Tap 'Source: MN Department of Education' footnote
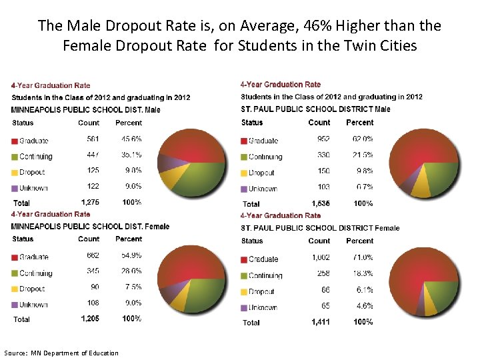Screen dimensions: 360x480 (61, 353)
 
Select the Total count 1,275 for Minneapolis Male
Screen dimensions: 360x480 (90, 202)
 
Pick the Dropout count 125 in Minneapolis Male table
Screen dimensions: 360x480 (93, 171)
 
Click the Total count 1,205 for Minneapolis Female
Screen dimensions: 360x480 (90, 319)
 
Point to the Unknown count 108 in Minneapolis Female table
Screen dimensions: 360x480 (93, 303)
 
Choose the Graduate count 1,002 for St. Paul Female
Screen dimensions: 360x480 (318, 257)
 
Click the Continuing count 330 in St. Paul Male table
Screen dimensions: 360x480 (323, 155)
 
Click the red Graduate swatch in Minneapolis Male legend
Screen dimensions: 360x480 (14, 141)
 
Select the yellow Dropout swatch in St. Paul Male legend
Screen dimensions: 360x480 (243, 173)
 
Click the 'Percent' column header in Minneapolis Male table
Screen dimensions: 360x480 (129, 123)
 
